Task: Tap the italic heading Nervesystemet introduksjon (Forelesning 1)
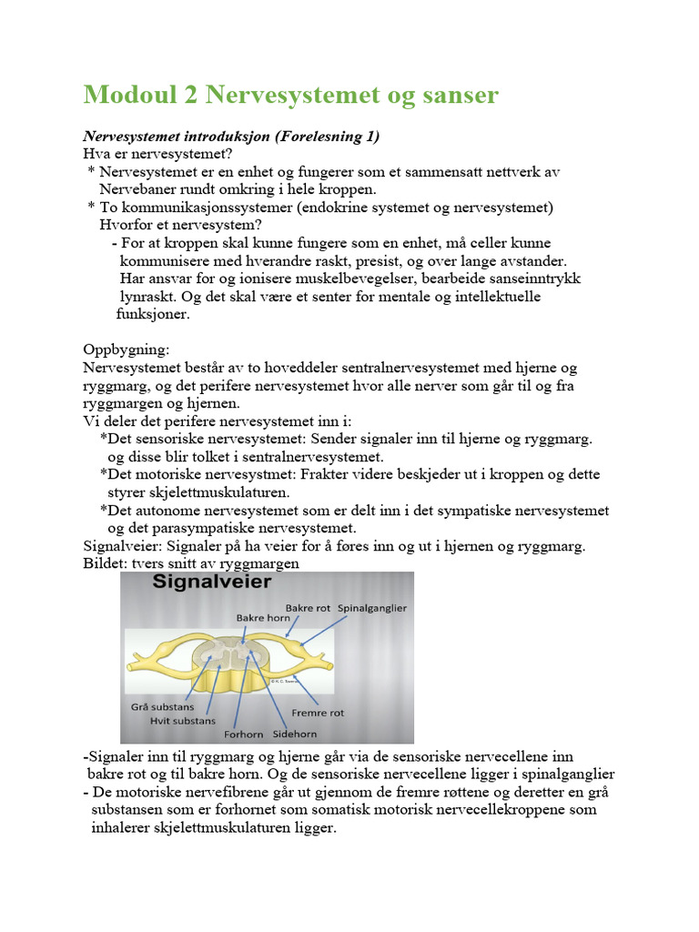230,137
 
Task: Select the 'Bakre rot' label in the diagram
308,607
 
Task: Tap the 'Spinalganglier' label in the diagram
372,607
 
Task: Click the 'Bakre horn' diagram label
262,618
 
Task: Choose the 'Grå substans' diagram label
164,704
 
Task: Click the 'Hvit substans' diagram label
182,720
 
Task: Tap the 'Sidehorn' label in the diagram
294,731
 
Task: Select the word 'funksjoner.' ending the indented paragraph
153,314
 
